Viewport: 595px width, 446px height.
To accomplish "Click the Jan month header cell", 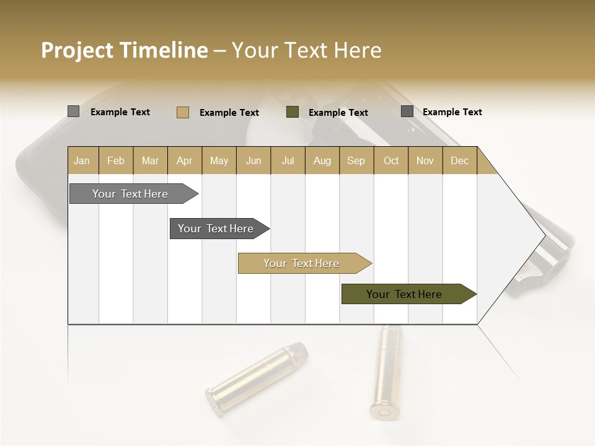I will pyautogui.click(x=82, y=160).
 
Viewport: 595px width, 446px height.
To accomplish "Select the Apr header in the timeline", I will pyautogui.click(x=185, y=160).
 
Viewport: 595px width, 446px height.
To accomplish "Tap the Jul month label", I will pyautogui.click(x=288, y=160).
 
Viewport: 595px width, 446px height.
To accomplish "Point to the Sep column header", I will pyautogui.click(x=356, y=160).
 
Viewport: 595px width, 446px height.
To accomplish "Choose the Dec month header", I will pyautogui.click(x=459, y=160).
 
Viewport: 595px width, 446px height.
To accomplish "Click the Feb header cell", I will pyautogui.click(x=116, y=160).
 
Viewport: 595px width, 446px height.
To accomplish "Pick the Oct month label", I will pyautogui.click(x=391, y=160).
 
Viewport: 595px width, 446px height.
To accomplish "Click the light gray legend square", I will pyautogui.click(x=73, y=111).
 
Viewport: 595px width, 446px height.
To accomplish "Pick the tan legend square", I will pyautogui.click(x=182, y=112).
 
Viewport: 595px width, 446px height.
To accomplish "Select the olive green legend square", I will pyautogui.click(x=293, y=112).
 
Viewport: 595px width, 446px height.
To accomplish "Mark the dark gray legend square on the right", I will pyautogui.click(x=407, y=111).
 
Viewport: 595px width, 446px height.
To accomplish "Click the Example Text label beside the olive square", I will pyautogui.click(x=338, y=113).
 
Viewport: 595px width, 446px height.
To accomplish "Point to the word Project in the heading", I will pyautogui.click(x=77, y=51).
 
